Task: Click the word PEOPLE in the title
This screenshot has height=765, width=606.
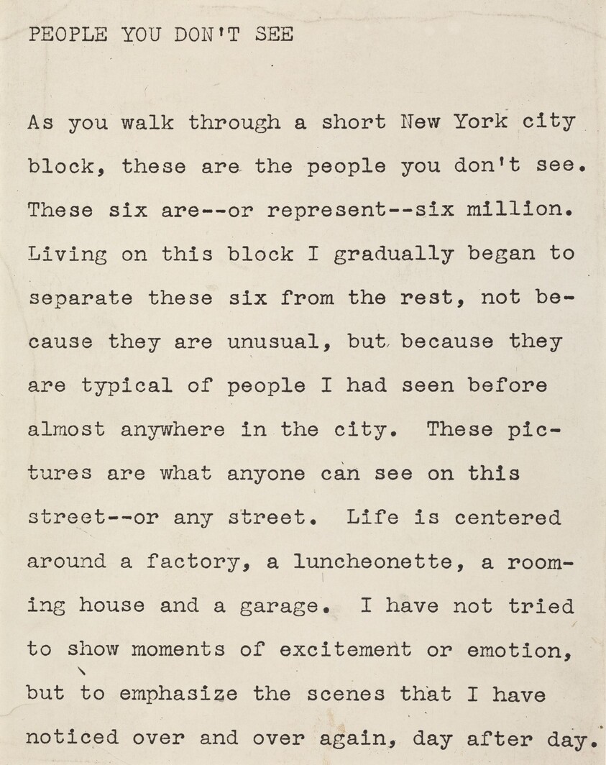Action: (68, 35)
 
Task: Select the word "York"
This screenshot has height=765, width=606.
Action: (480, 122)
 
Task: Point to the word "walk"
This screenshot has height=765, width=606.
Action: (147, 122)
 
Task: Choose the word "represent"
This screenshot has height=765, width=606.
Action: (326, 211)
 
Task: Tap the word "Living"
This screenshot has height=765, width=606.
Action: (68, 255)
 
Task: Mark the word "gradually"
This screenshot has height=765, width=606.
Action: (392, 255)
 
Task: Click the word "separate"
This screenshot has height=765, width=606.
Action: (81, 298)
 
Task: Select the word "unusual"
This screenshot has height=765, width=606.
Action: (273, 342)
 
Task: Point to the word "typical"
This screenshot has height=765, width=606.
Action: (127, 386)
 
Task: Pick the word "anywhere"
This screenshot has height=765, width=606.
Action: (173, 430)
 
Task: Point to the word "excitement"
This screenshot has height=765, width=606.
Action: (346, 650)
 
